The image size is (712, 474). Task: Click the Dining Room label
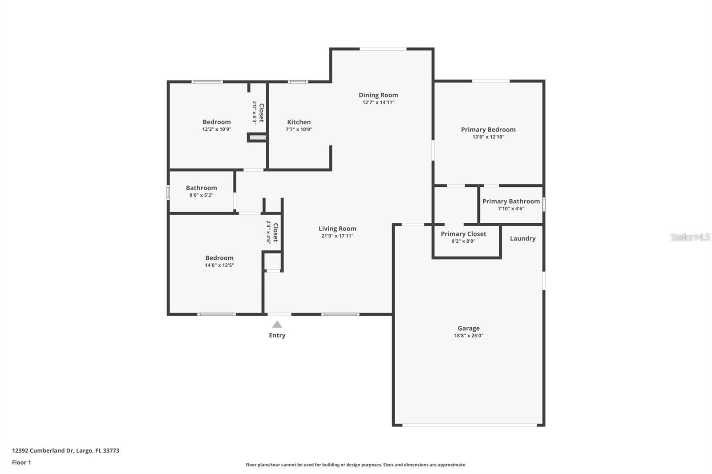[x=378, y=95]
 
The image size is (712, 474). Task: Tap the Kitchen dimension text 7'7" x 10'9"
[x=299, y=129]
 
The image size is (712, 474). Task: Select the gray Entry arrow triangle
[x=277, y=325]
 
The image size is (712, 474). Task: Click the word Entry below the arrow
[x=277, y=335]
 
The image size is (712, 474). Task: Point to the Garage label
[x=469, y=328]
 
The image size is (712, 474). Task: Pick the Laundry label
[x=522, y=238]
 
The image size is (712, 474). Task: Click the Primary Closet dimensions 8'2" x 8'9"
[x=463, y=241]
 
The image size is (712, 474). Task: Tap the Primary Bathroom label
[x=511, y=201]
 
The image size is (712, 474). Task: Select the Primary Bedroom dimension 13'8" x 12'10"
[x=488, y=137]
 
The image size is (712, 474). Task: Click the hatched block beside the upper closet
[x=258, y=137]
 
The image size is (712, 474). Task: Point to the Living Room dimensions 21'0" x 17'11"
[x=337, y=236]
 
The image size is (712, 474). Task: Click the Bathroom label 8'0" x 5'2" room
[x=201, y=188]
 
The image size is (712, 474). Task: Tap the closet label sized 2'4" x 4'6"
[x=275, y=232]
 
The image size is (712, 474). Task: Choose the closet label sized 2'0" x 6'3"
[x=261, y=112]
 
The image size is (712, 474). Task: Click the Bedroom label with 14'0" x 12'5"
[x=219, y=258]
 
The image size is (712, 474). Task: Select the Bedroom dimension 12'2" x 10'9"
[x=217, y=129]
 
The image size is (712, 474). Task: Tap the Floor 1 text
[x=21, y=462]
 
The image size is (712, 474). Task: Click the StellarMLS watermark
[x=690, y=237]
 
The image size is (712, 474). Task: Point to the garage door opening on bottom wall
[x=469, y=425]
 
